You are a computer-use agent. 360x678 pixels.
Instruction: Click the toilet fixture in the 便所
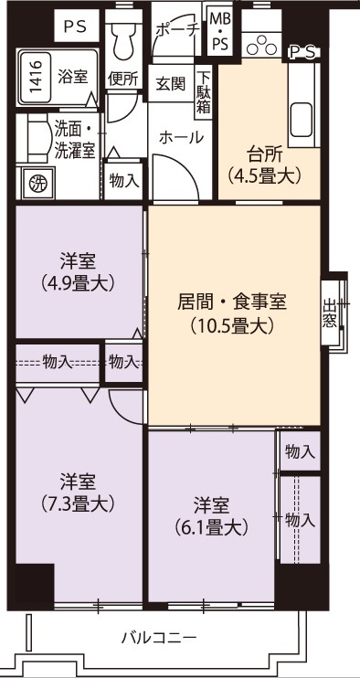coord(123,37)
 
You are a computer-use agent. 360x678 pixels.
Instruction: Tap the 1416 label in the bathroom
coord(37,77)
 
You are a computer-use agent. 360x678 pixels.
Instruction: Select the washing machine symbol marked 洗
coord(37,184)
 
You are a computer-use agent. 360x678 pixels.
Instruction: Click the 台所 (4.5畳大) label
coord(264,164)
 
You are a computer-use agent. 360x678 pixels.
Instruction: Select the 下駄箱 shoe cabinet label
coord(204,92)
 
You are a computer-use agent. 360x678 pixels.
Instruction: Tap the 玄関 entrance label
coord(170,84)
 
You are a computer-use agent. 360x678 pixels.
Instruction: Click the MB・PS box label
coord(220,32)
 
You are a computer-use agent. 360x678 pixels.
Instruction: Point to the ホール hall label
coord(181,137)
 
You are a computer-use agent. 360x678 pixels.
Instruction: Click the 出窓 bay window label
coord(329,313)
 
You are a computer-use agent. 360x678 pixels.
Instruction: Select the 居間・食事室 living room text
coord(232,302)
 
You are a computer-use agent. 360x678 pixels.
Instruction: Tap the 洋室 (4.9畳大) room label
coord(79,271)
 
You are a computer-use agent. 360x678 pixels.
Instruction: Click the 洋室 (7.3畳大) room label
coord(79,492)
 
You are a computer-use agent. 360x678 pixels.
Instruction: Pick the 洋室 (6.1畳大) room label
coord(211,515)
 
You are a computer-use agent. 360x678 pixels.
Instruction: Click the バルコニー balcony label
coord(159,638)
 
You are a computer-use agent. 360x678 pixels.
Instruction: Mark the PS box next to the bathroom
coord(77,26)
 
